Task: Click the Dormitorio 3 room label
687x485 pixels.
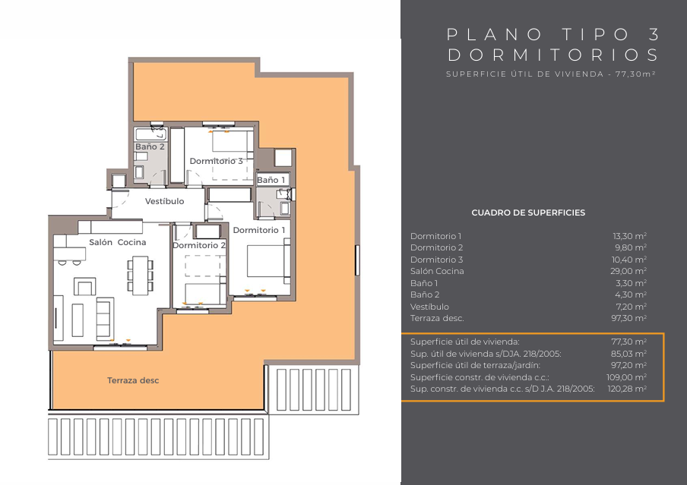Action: (x=216, y=161)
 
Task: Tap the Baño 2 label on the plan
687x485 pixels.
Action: (x=150, y=146)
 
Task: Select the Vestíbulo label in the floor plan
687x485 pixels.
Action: (x=164, y=201)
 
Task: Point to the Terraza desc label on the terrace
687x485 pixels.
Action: (x=133, y=380)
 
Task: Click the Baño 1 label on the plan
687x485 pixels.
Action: (x=271, y=180)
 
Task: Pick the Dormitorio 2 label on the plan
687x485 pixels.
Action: (x=199, y=245)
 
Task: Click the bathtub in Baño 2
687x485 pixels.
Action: (x=150, y=134)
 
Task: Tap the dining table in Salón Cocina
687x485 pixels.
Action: (x=140, y=276)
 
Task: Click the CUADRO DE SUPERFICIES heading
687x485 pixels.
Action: (x=528, y=213)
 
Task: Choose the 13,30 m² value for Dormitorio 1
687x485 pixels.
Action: (x=629, y=236)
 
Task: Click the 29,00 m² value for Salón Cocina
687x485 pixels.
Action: (x=628, y=271)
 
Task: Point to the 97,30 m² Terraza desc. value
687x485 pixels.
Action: (x=628, y=318)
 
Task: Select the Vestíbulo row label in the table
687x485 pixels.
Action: (x=429, y=307)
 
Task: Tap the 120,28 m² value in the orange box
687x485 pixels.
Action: (x=627, y=389)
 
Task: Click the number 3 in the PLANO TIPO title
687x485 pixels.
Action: (x=654, y=34)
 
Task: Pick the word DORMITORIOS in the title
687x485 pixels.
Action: (x=553, y=55)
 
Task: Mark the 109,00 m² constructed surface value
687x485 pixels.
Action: (x=626, y=377)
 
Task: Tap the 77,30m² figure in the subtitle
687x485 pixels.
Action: (x=635, y=74)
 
